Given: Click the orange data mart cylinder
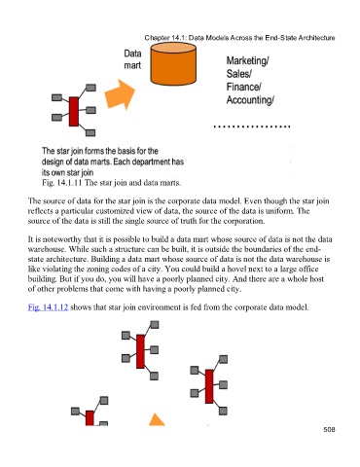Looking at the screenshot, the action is tap(173, 64).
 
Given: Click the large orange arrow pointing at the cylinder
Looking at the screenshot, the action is tap(120, 94).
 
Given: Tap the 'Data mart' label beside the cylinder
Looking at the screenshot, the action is tap(132, 59).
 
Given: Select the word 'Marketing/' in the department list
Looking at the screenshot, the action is tap(247, 60).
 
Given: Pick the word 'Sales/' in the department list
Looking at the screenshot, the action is tap(239, 74).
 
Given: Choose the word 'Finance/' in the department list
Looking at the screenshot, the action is tap(244, 87).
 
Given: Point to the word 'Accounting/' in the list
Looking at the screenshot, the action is tap(250, 99).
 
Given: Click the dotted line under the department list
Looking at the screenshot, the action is tap(252, 126).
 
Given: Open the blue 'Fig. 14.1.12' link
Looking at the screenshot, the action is tap(48, 306).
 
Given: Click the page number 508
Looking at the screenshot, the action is tap(329, 429).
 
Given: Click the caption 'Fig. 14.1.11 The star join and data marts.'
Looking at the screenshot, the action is tap(112, 183).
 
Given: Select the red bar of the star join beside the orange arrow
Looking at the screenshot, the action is tap(74, 111).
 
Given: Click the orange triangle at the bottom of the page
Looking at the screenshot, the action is tap(157, 419).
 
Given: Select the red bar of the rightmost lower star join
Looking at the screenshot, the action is tap(209, 386).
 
